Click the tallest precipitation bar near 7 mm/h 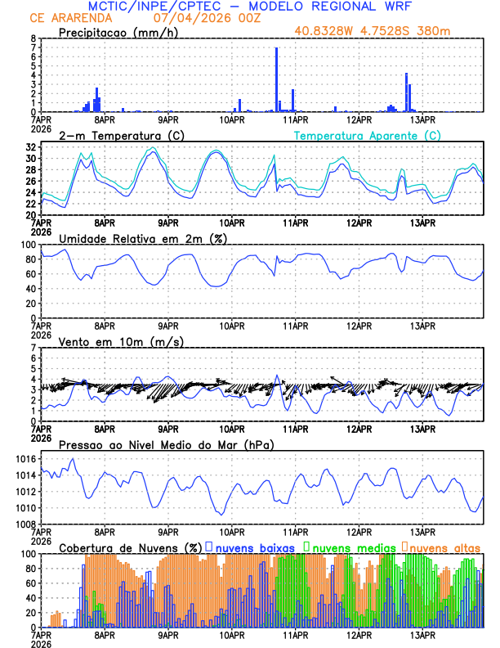276,79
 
